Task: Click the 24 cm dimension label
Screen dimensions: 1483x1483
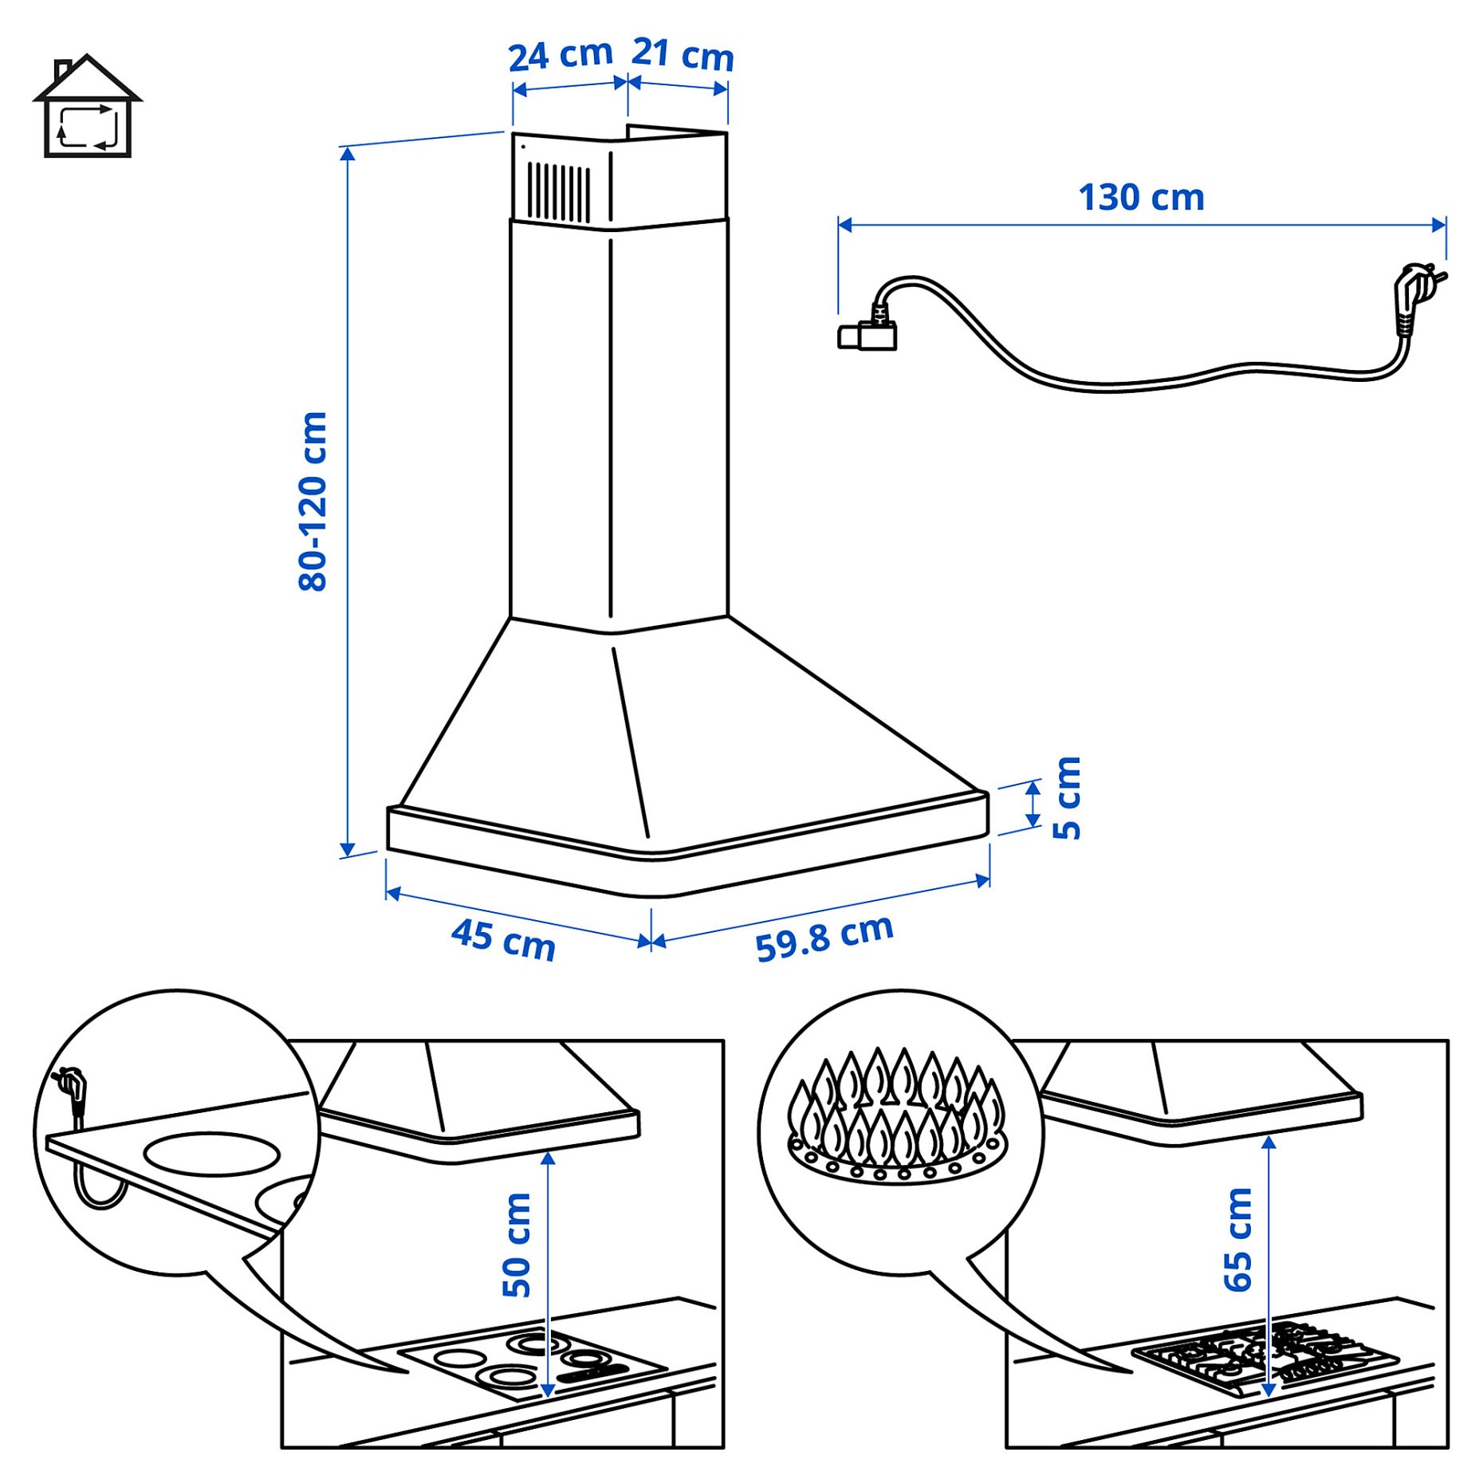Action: (x=560, y=55)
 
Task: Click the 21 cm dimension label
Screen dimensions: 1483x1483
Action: (x=682, y=55)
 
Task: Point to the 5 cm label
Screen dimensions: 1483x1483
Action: (x=1066, y=797)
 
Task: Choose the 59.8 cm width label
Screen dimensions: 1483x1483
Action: (x=824, y=938)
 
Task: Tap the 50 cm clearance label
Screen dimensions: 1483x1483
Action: (x=517, y=1244)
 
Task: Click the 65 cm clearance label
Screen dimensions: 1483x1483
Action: (x=1237, y=1239)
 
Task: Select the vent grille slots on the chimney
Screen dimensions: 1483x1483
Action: (x=558, y=192)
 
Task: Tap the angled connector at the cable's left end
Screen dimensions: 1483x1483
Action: (x=867, y=333)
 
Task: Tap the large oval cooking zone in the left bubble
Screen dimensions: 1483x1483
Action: (x=211, y=1154)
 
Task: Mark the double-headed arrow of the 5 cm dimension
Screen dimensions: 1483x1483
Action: (x=1033, y=804)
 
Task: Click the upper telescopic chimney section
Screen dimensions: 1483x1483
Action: (x=618, y=179)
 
